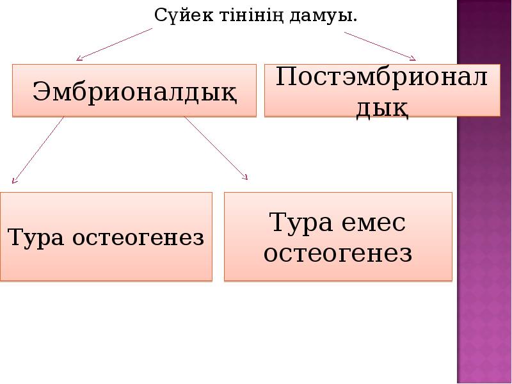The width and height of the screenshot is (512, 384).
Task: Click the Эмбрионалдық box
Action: coord(134,90)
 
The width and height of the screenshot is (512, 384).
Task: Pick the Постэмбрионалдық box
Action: coord(382,90)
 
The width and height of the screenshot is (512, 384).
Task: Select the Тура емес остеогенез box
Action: coord(338,237)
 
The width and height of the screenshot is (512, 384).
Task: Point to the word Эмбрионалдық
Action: coord(134,90)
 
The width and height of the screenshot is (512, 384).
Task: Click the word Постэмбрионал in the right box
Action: coord(382,78)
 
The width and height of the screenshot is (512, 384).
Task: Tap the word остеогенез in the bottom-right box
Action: coord(338,253)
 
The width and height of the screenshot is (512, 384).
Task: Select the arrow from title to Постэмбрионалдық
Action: coord(380,45)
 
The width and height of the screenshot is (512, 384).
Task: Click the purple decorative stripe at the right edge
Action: coord(484,192)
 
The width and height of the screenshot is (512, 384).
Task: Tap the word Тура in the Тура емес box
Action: coord(300,224)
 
